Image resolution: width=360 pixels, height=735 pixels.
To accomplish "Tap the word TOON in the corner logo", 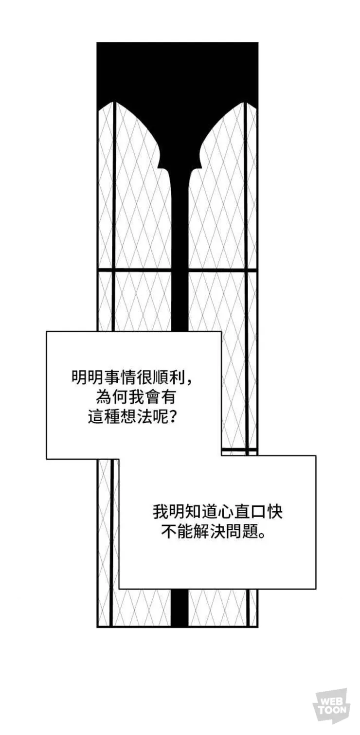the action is [x=333, y=711].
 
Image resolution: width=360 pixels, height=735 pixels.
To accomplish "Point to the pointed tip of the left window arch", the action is [x=114, y=103].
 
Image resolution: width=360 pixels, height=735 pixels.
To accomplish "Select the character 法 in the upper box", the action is [x=146, y=417].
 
